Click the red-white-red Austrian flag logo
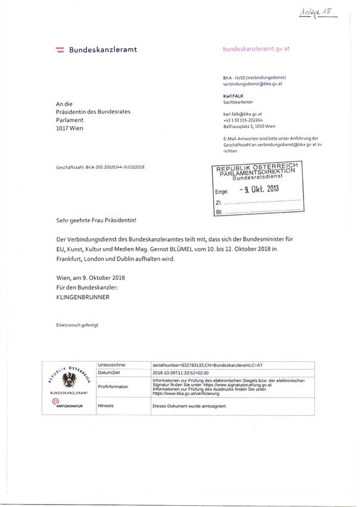pyautogui.click(x=60, y=50)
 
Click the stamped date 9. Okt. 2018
pyautogui.click(x=258, y=190)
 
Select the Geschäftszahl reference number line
pyautogui.click(x=100, y=167)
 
